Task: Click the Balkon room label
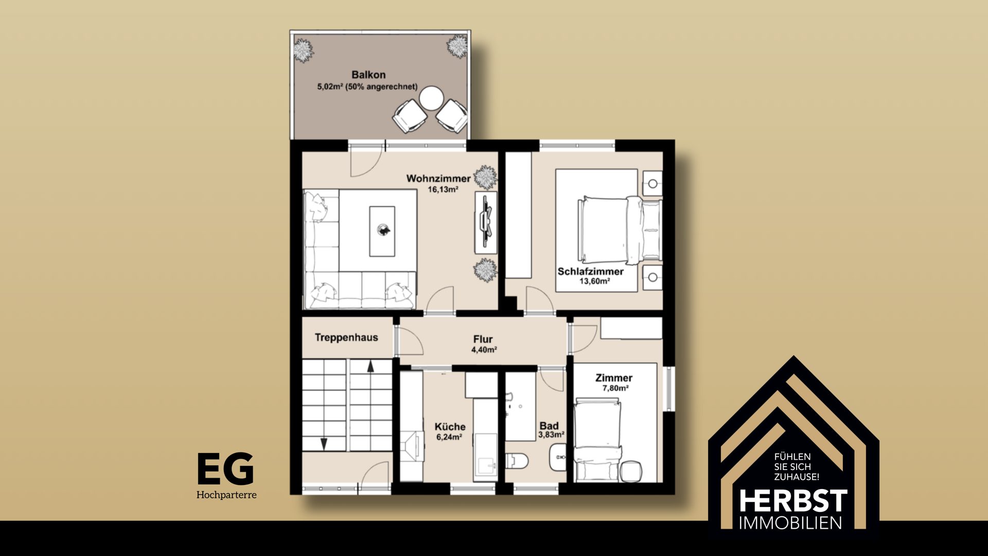point(368,75)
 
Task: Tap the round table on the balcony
point(431,98)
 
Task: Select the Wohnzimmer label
point(438,179)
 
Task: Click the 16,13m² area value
point(443,189)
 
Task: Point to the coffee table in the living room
point(382,231)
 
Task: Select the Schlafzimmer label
point(591,271)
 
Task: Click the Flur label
point(483,339)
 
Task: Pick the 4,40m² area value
point(484,350)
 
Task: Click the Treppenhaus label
point(346,338)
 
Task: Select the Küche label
point(450,427)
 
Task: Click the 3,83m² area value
point(551,435)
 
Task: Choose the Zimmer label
point(614,378)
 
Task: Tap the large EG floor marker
point(226,468)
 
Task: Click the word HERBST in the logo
point(793,501)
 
